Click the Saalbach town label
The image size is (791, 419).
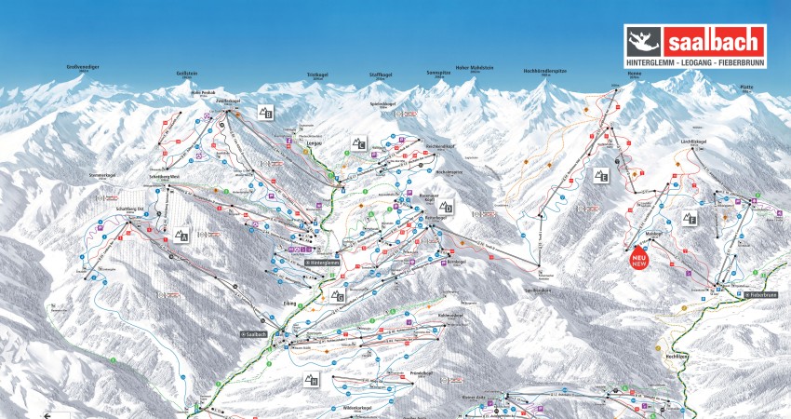point(256,332)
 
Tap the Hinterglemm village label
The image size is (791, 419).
point(317,262)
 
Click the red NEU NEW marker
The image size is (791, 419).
point(639,256)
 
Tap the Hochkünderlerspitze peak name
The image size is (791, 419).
point(546,71)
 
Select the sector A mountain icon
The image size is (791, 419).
point(180,236)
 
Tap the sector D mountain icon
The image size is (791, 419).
point(447,207)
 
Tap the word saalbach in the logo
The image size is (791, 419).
point(714,42)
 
